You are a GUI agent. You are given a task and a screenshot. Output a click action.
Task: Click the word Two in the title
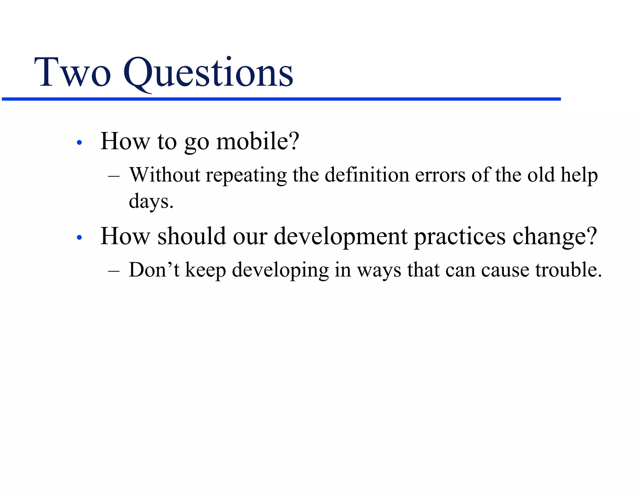(x=73, y=73)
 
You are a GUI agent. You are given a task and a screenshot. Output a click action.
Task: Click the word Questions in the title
(x=208, y=73)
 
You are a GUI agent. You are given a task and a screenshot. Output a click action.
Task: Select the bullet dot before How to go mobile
(x=79, y=143)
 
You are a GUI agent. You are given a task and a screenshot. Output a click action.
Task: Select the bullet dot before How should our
(x=79, y=238)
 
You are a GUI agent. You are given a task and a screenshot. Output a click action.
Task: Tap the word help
(x=579, y=175)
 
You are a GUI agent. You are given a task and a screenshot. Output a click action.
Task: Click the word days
(x=151, y=202)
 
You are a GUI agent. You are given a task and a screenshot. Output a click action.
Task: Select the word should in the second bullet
(x=192, y=236)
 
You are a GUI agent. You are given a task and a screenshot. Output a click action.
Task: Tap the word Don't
(x=154, y=270)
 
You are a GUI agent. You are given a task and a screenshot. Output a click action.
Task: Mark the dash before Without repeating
(x=114, y=176)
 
